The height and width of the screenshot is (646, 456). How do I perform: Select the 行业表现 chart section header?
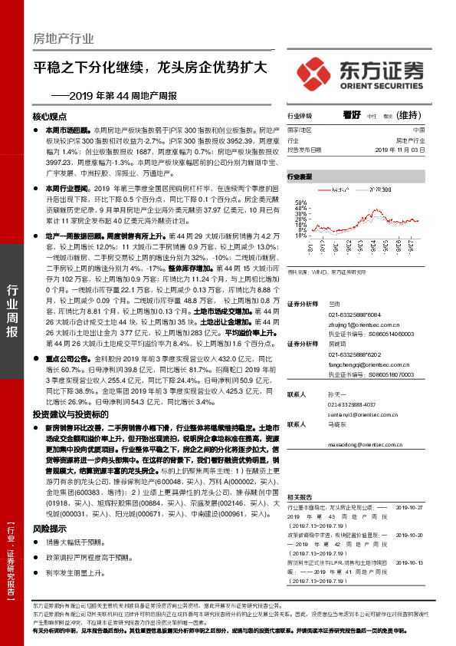pyautogui.click(x=300, y=176)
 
